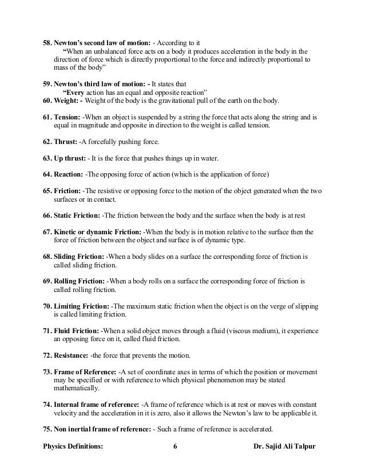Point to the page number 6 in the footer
pos(174,446)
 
